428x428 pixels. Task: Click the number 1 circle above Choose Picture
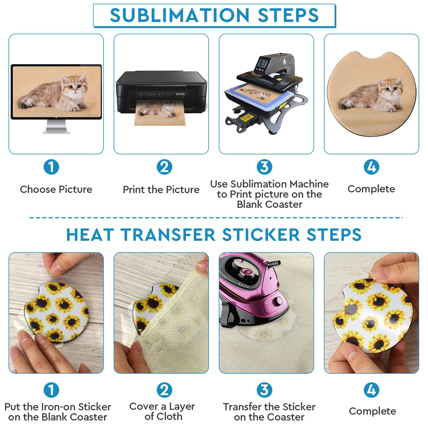point(51,167)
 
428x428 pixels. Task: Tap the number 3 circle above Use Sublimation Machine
point(264,167)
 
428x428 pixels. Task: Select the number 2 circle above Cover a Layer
point(164,390)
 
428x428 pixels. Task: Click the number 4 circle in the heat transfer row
point(371,390)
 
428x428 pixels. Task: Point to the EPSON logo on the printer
point(180,94)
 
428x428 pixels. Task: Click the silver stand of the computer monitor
point(56,127)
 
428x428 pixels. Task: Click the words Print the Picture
point(161,190)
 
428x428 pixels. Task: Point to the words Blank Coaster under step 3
point(269,204)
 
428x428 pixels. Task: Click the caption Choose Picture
point(56,189)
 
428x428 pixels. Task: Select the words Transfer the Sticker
point(269,407)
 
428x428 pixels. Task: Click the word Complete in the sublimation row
point(371,189)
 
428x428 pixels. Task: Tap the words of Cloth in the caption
point(163,416)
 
